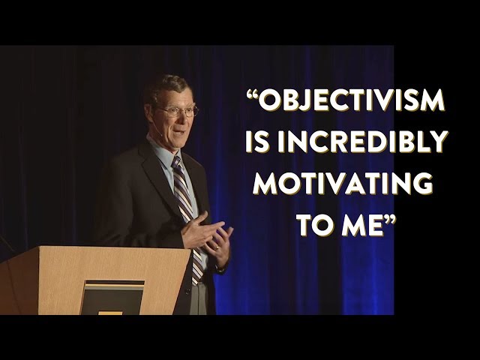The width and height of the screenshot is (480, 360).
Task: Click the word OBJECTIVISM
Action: (x=352, y=100)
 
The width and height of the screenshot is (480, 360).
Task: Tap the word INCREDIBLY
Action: (x=362, y=141)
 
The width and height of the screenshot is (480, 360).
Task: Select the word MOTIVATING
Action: (x=343, y=183)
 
